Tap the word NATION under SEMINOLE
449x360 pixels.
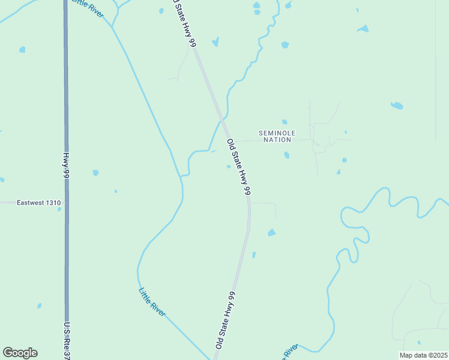pyautogui.click(x=277, y=140)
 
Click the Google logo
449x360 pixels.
pyautogui.click(x=20, y=353)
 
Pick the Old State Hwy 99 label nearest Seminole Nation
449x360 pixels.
pyautogui.click(x=238, y=167)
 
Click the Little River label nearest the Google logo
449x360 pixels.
pyautogui.click(x=151, y=302)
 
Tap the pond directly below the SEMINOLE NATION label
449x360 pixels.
pyautogui.click(x=287, y=155)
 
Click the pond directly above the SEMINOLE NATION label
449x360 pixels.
pyautogui.click(x=285, y=122)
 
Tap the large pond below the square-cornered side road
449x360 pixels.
pyautogui.click(x=272, y=232)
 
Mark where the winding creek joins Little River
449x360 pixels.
pyautogui.click(x=181, y=175)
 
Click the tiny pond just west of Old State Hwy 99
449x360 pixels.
pyautogui.click(x=229, y=167)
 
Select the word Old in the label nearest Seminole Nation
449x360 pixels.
pyautogui.click(x=230, y=145)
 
